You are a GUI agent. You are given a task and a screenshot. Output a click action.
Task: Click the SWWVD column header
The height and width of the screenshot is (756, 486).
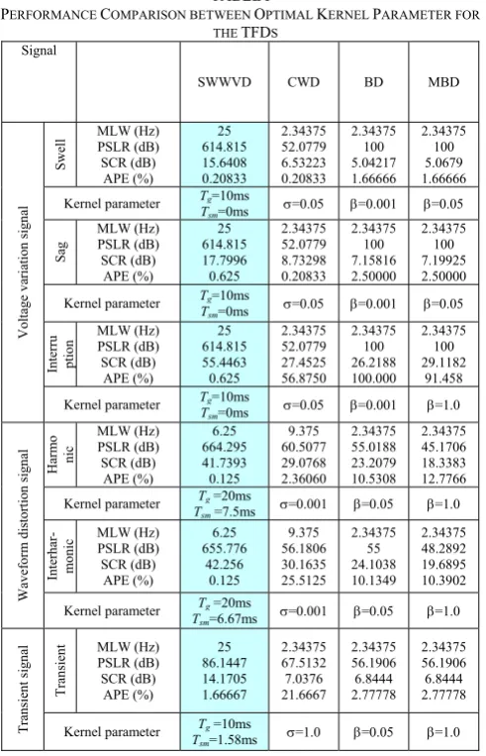(225, 82)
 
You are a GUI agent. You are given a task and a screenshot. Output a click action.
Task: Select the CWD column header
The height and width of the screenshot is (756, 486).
(304, 82)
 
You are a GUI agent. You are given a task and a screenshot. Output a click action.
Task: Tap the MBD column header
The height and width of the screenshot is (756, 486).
(443, 82)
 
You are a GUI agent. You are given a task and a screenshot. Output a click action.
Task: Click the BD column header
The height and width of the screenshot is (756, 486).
(373, 82)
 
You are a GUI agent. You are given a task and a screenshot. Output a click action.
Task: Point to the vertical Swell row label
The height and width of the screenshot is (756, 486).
(59, 155)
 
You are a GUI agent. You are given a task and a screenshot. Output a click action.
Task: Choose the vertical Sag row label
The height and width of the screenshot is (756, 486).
(60, 252)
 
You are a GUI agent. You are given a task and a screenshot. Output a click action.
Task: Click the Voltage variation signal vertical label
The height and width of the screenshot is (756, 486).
(23, 272)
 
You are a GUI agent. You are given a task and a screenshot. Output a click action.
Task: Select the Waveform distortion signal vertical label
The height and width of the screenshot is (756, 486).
(23, 525)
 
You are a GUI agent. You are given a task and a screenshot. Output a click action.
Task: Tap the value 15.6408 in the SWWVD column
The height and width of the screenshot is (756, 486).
(224, 162)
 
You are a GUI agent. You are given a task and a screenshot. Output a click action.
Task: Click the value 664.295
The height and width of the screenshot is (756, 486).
(224, 447)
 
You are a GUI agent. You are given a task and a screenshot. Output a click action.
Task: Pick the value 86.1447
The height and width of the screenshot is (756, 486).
(224, 663)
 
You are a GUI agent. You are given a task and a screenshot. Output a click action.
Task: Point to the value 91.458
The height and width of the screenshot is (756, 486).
(443, 378)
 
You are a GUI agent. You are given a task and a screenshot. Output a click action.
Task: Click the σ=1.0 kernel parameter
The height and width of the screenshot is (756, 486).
(304, 732)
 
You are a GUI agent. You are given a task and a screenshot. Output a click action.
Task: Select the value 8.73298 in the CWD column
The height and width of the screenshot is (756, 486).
(304, 261)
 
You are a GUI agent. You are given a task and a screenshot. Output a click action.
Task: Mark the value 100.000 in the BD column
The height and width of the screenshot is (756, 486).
(373, 378)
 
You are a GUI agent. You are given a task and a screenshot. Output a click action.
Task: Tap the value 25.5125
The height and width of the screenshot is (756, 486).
(304, 580)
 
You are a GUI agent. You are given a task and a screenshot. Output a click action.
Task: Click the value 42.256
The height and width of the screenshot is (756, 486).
(224, 564)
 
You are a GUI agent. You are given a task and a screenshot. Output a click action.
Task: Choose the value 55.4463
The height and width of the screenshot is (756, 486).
(224, 362)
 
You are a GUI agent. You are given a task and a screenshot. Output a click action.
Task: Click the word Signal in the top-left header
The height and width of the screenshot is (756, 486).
(39, 52)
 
